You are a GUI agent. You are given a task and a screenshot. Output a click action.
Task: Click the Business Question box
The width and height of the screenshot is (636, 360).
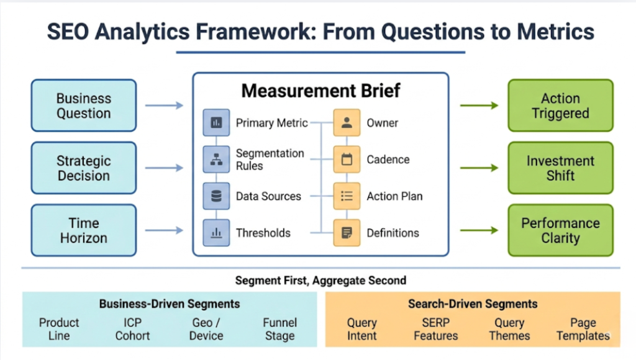[x=84, y=106]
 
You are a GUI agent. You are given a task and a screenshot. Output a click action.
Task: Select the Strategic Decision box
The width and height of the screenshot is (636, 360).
[x=84, y=168]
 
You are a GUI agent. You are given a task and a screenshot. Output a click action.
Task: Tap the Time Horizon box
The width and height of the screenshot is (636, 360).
[x=84, y=230]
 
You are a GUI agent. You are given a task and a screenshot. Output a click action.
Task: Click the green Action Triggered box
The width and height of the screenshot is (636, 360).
[x=560, y=106]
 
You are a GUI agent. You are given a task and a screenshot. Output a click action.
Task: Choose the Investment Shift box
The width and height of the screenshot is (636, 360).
[x=560, y=168]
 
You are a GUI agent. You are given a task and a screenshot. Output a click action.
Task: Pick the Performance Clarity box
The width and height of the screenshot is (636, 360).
[x=560, y=230]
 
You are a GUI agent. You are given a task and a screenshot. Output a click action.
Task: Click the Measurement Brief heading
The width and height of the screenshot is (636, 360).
[x=320, y=91]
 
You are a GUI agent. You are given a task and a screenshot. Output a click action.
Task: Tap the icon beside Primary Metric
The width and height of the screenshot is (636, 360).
[x=216, y=123]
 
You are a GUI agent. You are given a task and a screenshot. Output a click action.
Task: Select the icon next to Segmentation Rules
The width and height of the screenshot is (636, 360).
[x=216, y=160]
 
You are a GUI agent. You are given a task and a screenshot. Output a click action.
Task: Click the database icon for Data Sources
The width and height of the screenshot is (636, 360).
[x=216, y=196]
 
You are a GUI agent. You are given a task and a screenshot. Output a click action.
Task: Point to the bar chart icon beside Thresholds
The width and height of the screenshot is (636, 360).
[x=216, y=233]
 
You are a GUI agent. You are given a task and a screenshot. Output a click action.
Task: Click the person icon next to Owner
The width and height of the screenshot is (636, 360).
[x=347, y=123]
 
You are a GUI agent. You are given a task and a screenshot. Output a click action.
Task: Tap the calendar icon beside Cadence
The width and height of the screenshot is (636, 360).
[x=347, y=160]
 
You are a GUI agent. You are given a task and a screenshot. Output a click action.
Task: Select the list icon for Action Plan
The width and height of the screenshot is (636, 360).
[x=347, y=196]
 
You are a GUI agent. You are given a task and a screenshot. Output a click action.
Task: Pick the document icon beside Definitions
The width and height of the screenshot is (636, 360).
[x=347, y=233]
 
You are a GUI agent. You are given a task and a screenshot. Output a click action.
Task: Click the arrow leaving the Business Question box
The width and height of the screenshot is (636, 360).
[x=164, y=106]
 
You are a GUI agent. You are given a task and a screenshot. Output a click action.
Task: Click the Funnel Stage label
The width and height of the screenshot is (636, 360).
[x=279, y=329]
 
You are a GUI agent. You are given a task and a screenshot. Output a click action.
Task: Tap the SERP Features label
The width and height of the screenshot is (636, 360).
[x=435, y=329]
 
